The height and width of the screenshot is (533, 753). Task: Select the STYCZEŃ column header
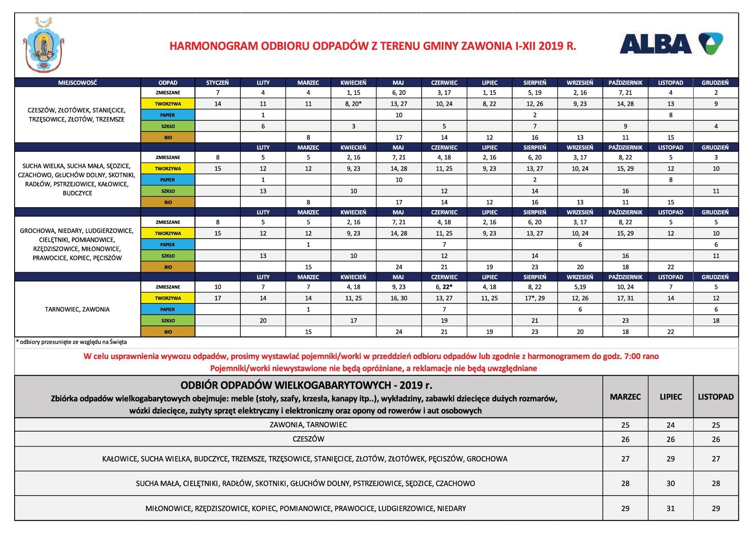click(x=218, y=83)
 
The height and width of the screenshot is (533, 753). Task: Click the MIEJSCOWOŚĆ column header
click(x=78, y=83)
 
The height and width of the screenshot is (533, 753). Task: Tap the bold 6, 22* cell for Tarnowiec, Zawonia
click(x=444, y=287)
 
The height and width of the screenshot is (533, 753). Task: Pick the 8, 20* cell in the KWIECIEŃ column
click(x=353, y=104)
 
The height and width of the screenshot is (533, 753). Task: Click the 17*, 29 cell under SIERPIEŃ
click(x=534, y=298)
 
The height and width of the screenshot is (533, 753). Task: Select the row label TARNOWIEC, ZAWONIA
click(x=77, y=309)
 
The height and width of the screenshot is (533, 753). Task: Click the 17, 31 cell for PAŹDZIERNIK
click(x=625, y=298)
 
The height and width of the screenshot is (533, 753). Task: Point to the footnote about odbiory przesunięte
click(x=71, y=343)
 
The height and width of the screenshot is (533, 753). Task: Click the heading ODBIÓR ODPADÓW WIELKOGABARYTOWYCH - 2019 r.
click(x=307, y=384)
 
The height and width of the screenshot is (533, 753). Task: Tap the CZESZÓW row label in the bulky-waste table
click(x=308, y=439)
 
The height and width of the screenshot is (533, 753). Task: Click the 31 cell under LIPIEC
click(x=671, y=508)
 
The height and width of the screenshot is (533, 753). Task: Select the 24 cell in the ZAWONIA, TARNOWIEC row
click(x=671, y=425)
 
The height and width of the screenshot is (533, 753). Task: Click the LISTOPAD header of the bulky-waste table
click(x=716, y=397)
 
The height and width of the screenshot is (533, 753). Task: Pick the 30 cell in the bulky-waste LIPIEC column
click(x=671, y=484)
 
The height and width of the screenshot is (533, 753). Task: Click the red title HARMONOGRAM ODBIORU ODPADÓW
click(x=373, y=46)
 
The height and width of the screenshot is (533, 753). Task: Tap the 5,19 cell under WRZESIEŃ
click(x=580, y=287)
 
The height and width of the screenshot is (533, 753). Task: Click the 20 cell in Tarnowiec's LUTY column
click(x=263, y=320)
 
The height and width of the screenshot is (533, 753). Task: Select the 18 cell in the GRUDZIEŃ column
click(x=716, y=320)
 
